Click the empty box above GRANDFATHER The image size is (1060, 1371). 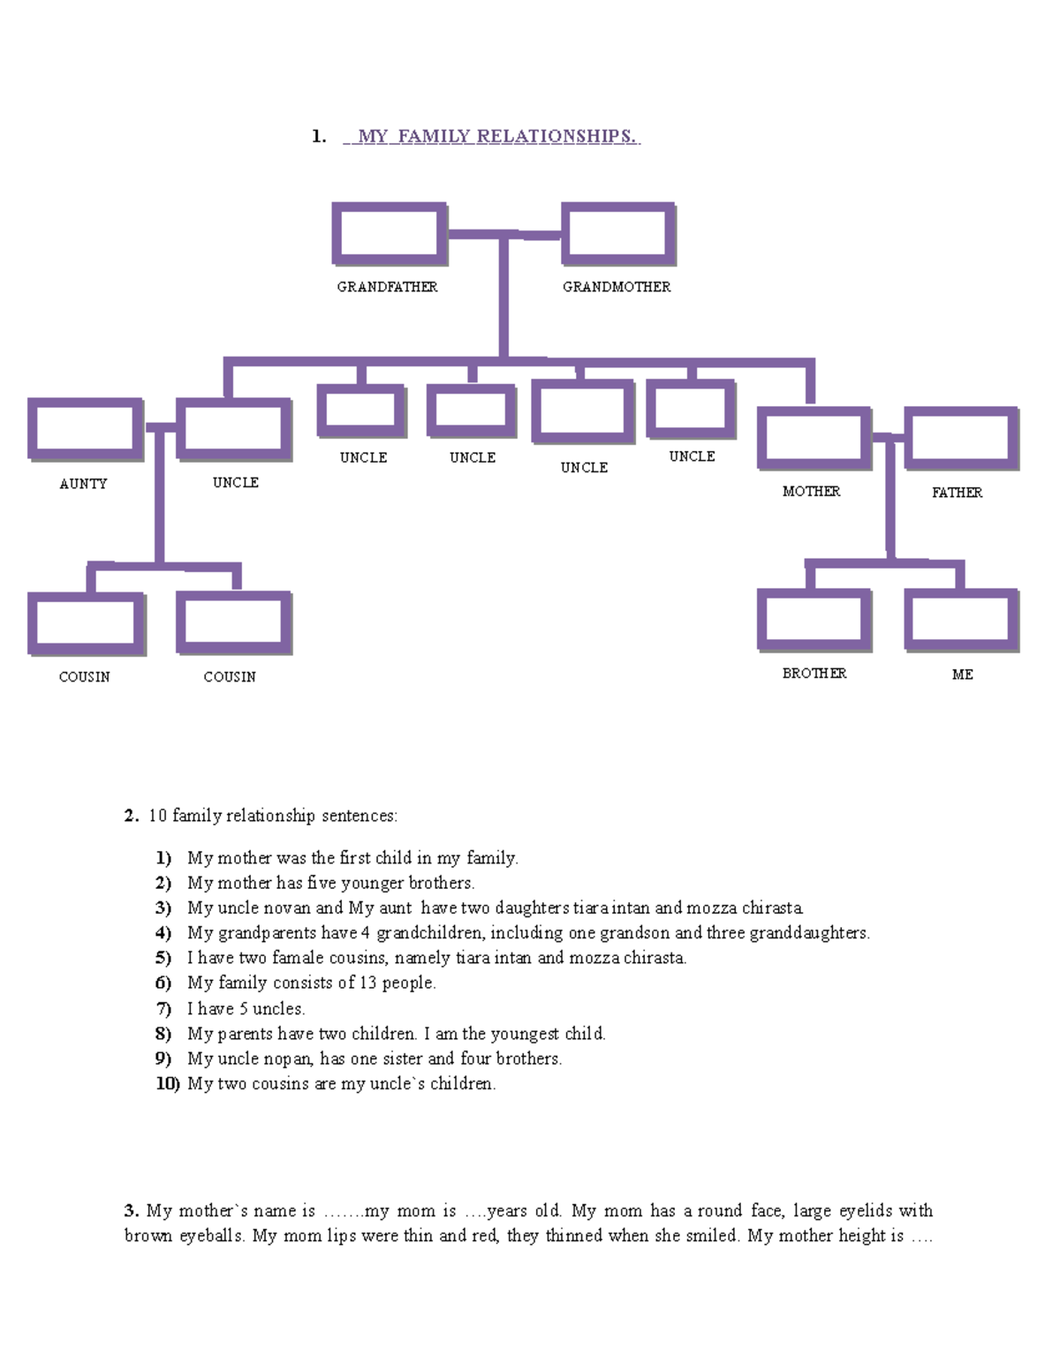click(x=389, y=233)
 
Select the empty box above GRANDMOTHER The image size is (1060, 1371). click(x=617, y=233)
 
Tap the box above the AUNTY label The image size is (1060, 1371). click(x=85, y=429)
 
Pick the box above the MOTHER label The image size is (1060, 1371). click(x=814, y=438)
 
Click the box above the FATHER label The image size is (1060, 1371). click(x=960, y=438)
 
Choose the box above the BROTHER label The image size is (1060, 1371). click(x=814, y=620)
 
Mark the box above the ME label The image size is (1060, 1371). click(x=960, y=620)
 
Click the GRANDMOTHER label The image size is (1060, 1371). click(x=617, y=287)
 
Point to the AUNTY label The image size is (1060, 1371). click(x=83, y=484)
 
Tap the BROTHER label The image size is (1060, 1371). click(x=814, y=674)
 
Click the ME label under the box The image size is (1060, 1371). click(x=962, y=674)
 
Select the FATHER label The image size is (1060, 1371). click(x=957, y=493)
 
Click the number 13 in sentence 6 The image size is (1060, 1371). click(x=367, y=983)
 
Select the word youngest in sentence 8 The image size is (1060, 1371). click(x=525, y=1034)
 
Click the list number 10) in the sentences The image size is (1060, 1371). click(x=168, y=1083)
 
